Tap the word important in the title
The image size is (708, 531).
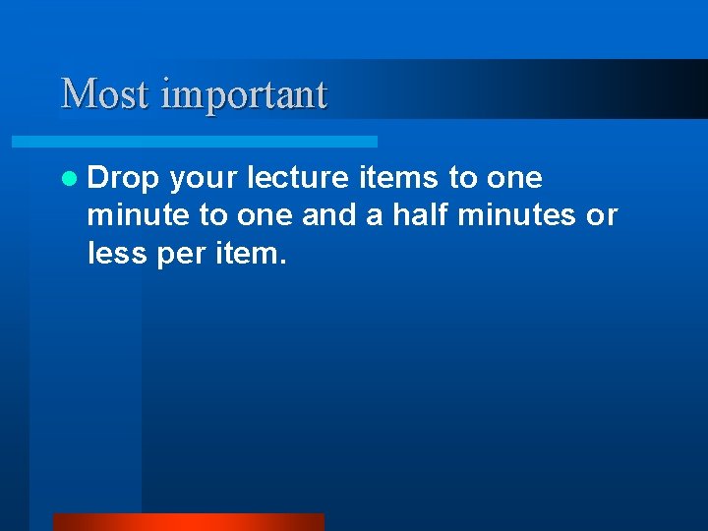[x=243, y=95]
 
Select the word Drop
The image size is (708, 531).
[x=122, y=178]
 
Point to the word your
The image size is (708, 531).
[x=203, y=179]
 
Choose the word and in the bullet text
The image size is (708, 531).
[x=328, y=215]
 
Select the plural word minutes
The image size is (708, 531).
[x=521, y=215]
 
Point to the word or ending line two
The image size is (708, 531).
[x=602, y=216]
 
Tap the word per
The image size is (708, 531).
[x=177, y=256]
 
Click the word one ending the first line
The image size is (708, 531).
[x=514, y=178]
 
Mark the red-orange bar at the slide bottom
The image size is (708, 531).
[x=188, y=522]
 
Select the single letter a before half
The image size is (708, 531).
[x=374, y=216]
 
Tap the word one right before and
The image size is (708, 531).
[x=265, y=216]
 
